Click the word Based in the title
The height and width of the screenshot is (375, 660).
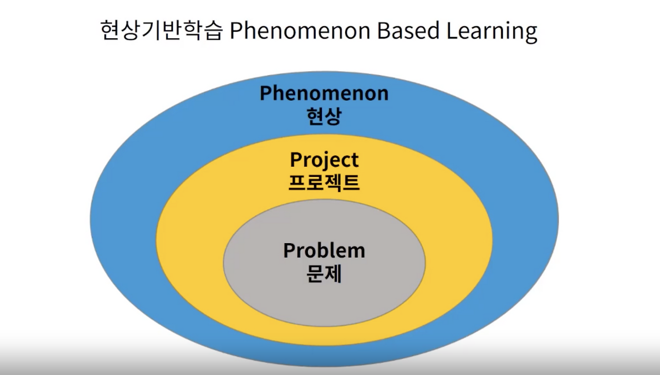point(408,30)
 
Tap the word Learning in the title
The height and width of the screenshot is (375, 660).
point(492,32)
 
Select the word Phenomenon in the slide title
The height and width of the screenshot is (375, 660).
point(300,30)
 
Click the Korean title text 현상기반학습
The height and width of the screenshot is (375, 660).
point(161,30)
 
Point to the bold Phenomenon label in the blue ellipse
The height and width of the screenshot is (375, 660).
point(324,93)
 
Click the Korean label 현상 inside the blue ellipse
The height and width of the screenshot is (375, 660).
point(324,116)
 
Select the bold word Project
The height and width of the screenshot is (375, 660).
point(324,160)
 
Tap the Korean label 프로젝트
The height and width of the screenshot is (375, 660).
point(324,183)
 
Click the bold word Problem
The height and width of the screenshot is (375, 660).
point(324,250)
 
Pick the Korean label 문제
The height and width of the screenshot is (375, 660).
point(324,273)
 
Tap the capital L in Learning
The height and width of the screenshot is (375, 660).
point(453,30)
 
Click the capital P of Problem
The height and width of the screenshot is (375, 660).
point(290,250)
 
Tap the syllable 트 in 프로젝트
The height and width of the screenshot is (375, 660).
point(351,183)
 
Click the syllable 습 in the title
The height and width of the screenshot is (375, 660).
point(213,30)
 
